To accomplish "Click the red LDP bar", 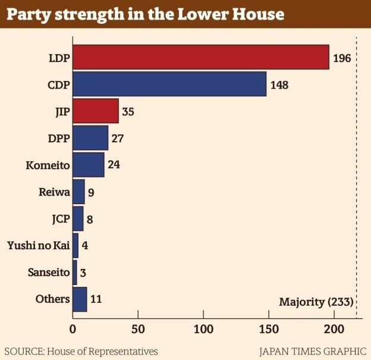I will [200, 57].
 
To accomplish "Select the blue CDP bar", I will [169, 84].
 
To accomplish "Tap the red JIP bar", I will [96, 111].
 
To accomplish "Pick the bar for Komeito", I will [88, 165].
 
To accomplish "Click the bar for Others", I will [80, 299].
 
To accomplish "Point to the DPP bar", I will [90, 137].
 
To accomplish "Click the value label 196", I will [342, 58].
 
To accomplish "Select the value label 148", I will [279, 84].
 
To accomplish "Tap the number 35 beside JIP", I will [128, 111].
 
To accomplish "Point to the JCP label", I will [60, 218].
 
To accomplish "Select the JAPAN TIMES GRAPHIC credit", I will [313, 351].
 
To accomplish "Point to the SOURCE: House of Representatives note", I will [81, 351].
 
